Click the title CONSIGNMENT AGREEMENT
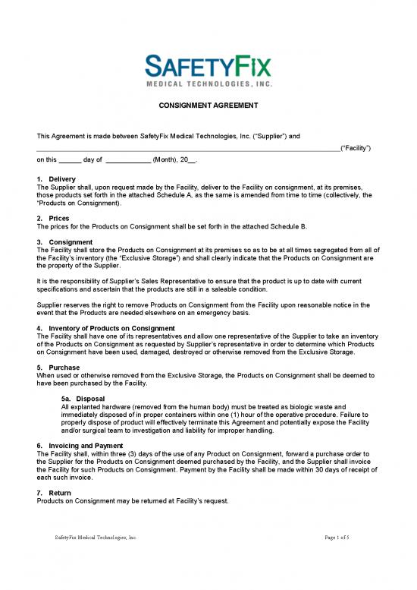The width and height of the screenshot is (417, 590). tap(208, 105)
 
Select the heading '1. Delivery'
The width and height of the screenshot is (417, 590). tap(56, 178)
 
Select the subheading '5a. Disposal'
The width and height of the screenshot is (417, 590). tap(83, 399)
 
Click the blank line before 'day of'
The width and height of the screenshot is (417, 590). tap(69, 161)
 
